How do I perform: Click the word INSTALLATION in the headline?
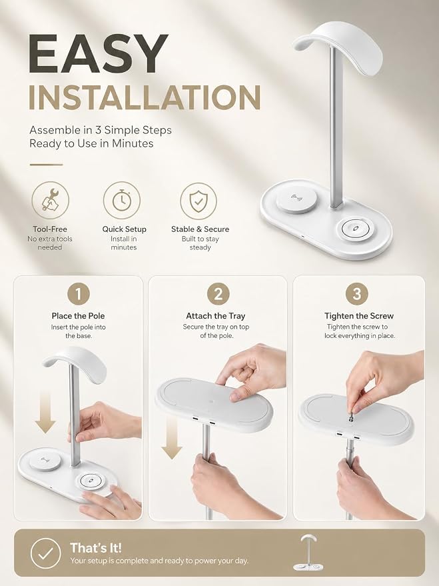tap(145, 97)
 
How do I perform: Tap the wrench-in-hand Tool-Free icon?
tap(50, 200)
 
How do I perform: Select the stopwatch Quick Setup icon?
tap(122, 200)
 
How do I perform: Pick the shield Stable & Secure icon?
tap(199, 201)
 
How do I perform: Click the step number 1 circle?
tap(79, 294)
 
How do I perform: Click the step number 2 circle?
tap(218, 294)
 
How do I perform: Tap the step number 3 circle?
tap(357, 294)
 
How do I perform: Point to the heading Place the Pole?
tap(79, 316)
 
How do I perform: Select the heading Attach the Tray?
tap(216, 316)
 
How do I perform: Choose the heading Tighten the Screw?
tap(359, 316)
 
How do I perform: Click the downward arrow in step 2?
tap(172, 438)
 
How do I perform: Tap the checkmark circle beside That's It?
tap(45, 553)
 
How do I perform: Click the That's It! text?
tap(96, 548)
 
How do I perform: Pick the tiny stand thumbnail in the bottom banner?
tap(308, 553)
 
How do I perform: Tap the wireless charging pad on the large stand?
tap(296, 199)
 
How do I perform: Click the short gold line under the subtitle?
tap(46, 165)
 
